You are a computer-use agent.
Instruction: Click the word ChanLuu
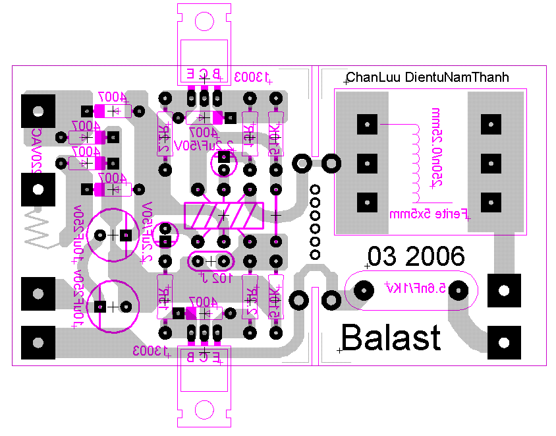pos(373,78)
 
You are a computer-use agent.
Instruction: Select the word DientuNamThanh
pos(457,78)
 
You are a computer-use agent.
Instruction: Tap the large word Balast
pos(391,338)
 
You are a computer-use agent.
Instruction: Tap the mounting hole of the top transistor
pos(204,21)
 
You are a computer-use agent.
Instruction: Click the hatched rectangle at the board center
pos(224,215)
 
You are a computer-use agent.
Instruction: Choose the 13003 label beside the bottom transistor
pos(150,350)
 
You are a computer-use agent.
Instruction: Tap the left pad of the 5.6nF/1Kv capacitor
pos(363,290)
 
